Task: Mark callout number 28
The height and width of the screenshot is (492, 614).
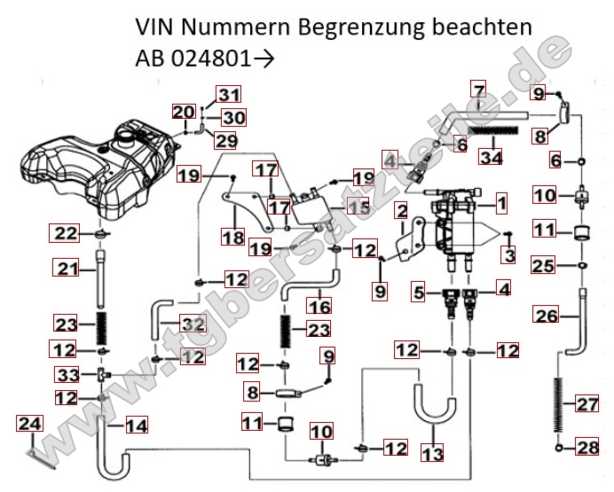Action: point(587,449)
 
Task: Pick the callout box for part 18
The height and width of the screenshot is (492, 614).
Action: point(232,238)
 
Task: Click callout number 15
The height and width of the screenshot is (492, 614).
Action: point(357,207)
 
